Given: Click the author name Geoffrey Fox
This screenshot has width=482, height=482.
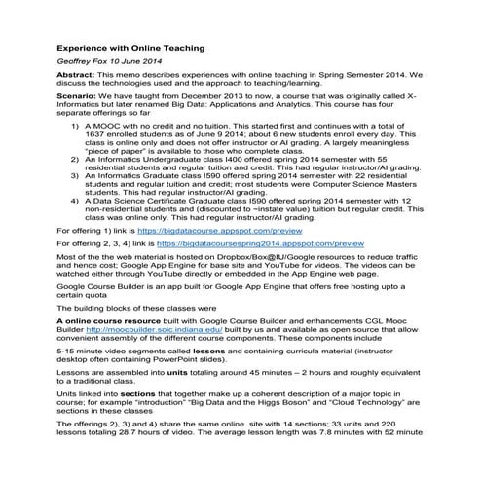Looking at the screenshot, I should coord(83,64).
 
